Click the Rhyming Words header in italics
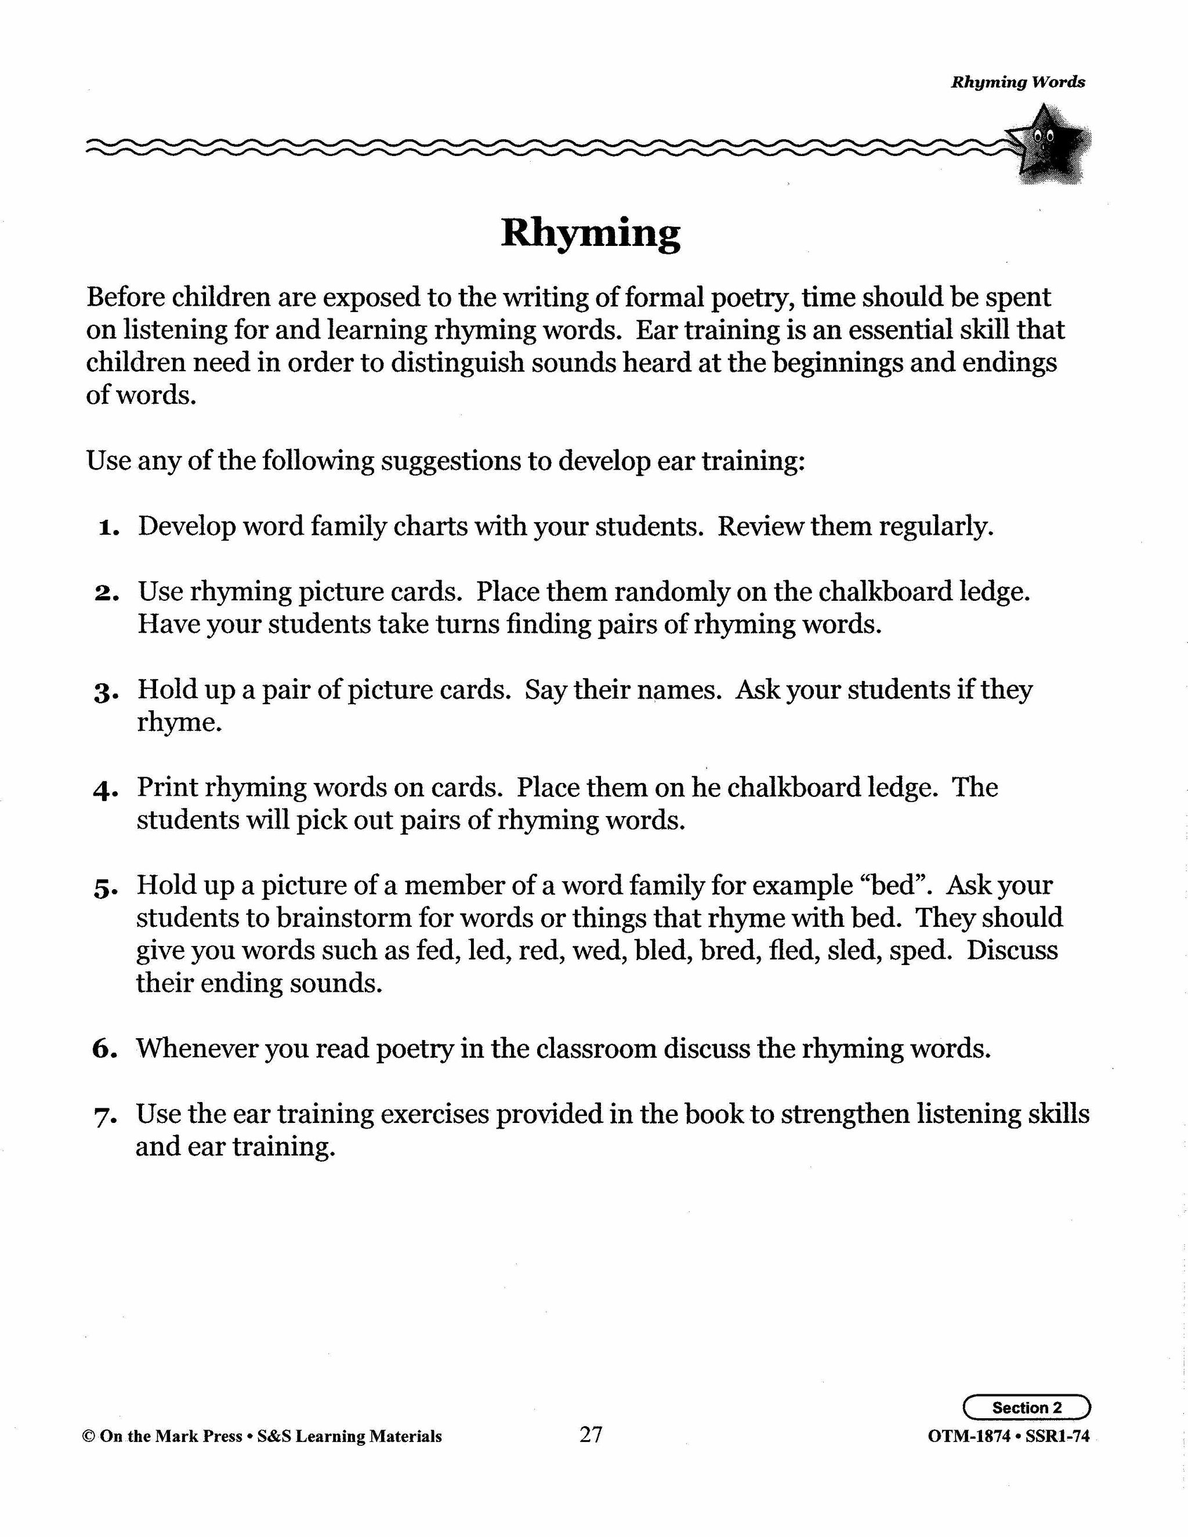pyautogui.click(x=1017, y=82)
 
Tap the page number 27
pyautogui.click(x=591, y=1434)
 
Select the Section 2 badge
pyautogui.click(x=1026, y=1408)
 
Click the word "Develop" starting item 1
pyautogui.click(x=186, y=527)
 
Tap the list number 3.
pyautogui.click(x=106, y=693)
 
